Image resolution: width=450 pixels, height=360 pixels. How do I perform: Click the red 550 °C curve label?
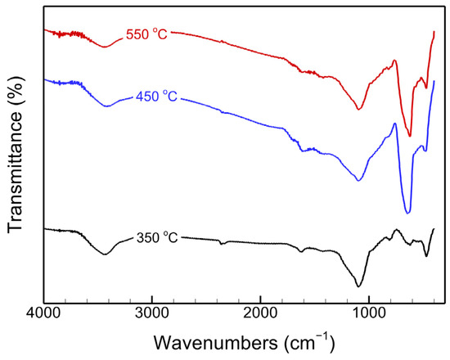[146, 35]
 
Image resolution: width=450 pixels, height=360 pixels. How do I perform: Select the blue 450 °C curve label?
[155, 97]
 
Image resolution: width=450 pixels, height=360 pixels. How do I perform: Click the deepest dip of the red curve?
[410, 136]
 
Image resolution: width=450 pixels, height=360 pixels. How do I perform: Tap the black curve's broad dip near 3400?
[105, 254]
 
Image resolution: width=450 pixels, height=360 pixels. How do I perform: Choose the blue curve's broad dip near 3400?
[106, 106]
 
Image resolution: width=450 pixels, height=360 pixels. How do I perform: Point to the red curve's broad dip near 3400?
[104, 47]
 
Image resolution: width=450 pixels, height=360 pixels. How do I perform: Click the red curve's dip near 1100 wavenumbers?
[359, 109]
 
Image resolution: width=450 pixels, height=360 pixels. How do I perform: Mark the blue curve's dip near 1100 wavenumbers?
[359, 180]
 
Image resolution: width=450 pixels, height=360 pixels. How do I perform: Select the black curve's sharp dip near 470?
[426, 256]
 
